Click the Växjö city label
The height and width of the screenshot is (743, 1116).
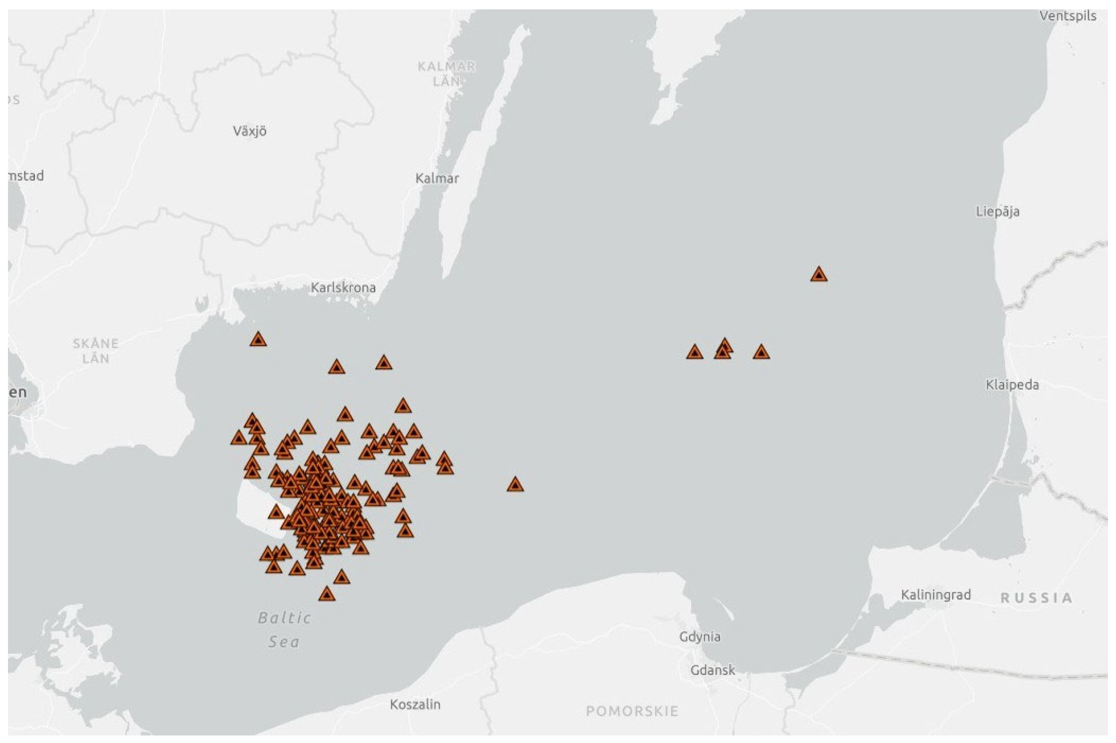[x=249, y=131]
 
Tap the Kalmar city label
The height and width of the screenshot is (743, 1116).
[x=436, y=178]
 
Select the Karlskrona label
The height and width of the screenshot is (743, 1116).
[x=343, y=287]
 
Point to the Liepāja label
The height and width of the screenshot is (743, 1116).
[x=997, y=211]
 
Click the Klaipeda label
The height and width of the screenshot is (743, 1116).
[x=1012, y=384]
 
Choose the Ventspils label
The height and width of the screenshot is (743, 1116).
[x=1067, y=16]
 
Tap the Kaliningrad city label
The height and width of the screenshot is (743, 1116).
[x=935, y=594]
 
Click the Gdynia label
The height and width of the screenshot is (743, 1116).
[x=699, y=636]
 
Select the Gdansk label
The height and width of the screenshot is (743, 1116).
[x=712, y=670]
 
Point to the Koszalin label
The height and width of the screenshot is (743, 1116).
[x=415, y=704]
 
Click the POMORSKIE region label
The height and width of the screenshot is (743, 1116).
[x=632, y=711]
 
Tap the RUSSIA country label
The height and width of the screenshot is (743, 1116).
[x=1036, y=598]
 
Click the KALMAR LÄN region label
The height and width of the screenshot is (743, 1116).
[x=446, y=73]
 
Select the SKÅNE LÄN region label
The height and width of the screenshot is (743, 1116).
[x=96, y=351]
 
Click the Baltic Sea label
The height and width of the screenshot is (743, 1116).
[x=285, y=630]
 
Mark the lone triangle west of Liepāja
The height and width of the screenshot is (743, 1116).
[x=819, y=275]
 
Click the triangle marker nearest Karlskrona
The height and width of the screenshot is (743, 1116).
[x=258, y=340]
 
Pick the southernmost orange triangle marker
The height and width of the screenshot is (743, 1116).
[x=327, y=594]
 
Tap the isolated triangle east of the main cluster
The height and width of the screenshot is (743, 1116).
[x=515, y=485]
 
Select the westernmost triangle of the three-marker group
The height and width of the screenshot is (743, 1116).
[x=694, y=352]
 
